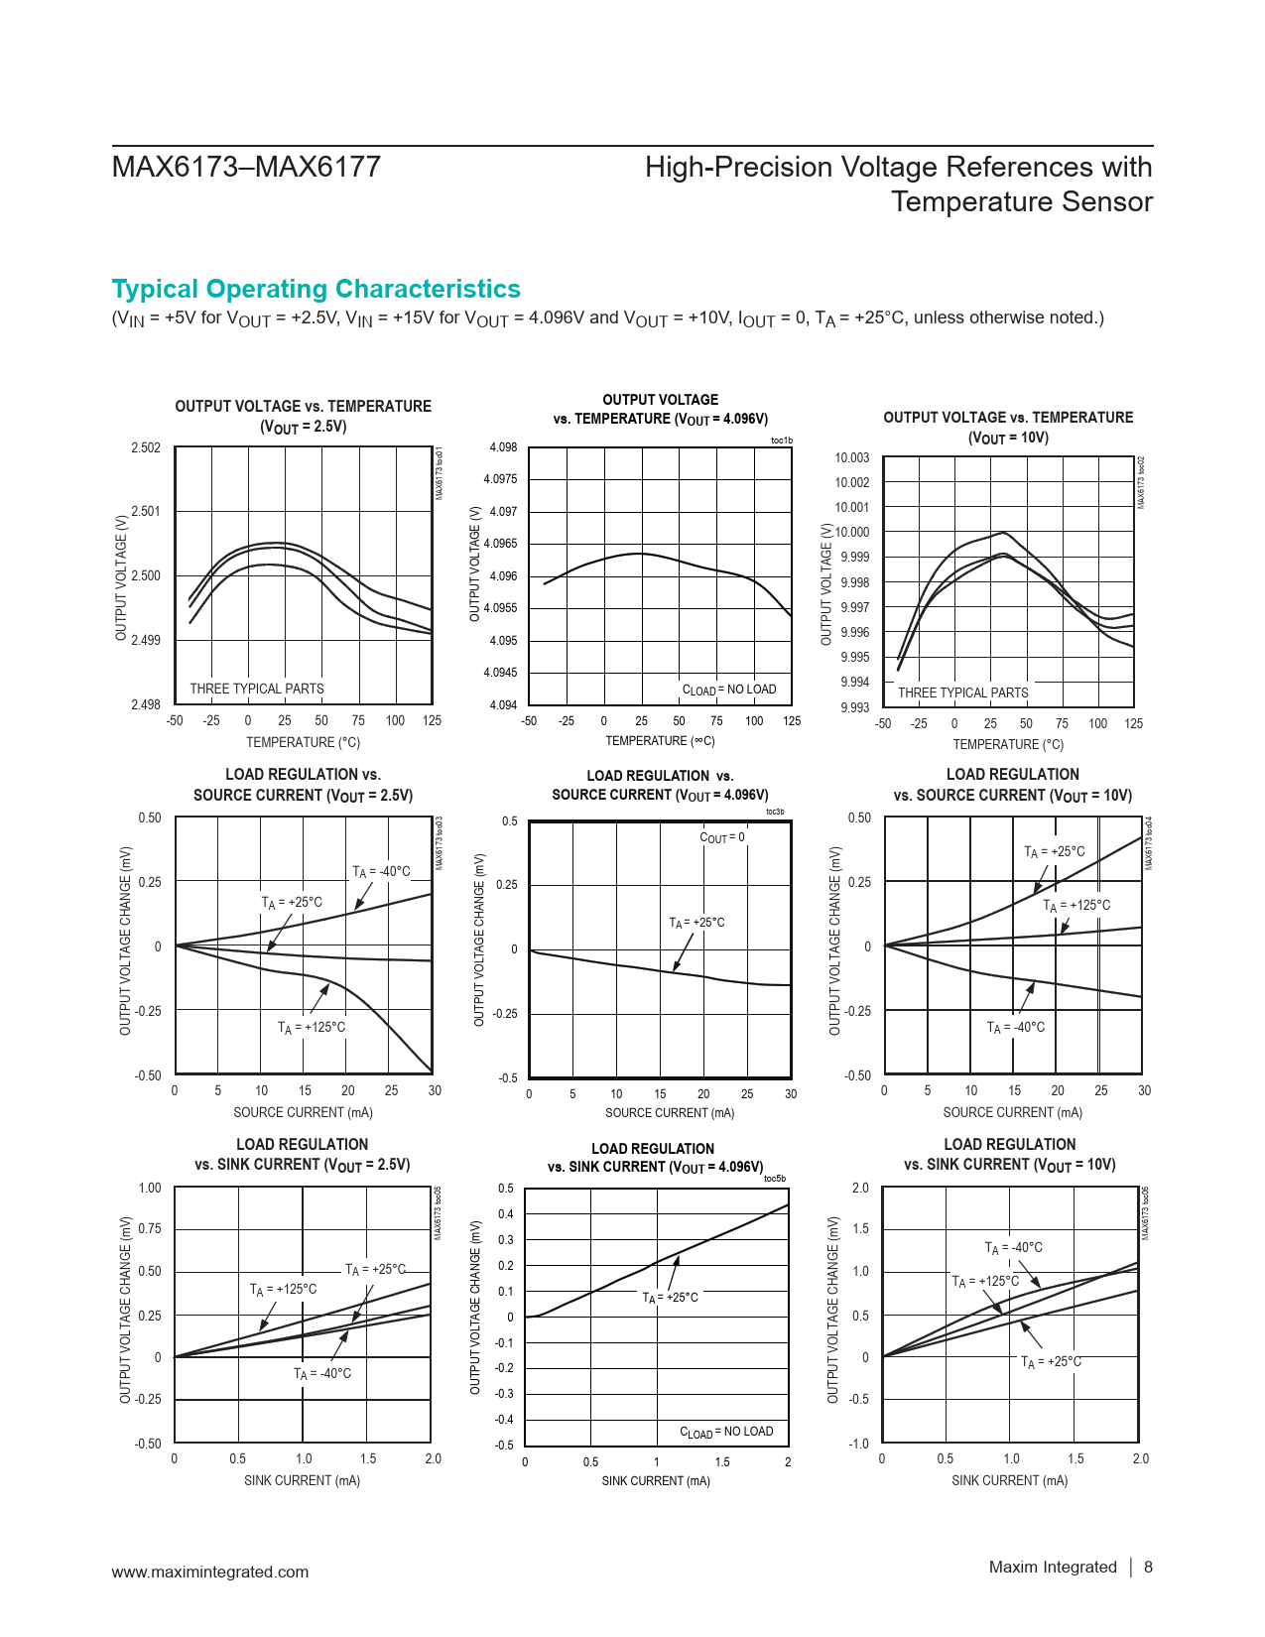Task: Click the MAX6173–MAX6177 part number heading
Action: coord(246,167)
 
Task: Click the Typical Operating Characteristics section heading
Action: coord(316,289)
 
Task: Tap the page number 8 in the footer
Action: coord(1148,1567)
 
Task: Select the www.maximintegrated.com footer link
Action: coord(209,1572)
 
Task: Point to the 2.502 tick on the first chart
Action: coord(146,448)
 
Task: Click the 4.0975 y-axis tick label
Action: coord(500,479)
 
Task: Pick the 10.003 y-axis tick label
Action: coord(851,458)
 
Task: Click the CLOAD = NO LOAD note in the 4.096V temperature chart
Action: coord(729,690)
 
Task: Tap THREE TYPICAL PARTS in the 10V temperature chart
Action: coord(962,693)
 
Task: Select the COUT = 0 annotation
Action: coord(722,837)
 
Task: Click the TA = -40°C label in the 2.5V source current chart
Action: coord(381,871)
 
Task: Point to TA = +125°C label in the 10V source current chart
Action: coord(1076,905)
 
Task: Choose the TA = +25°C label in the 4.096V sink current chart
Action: coord(670,1298)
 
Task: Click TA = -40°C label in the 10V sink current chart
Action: coord(1013,1247)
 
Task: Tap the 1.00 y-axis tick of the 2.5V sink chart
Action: coord(149,1188)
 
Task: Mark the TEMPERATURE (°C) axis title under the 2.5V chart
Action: coord(303,742)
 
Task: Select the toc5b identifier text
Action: coord(775,1179)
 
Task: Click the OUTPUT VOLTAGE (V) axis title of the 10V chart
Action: coord(826,584)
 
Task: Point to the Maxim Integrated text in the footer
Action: coord(1053,1567)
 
